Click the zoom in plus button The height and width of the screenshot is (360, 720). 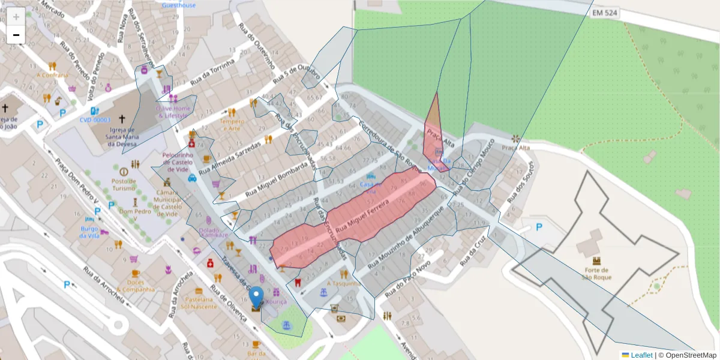pyautogui.click(x=16, y=17)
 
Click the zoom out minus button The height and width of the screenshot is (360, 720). pyautogui.click(x=16, y=35)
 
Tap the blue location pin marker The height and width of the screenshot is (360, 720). pyautogui.click(x=257, y=298)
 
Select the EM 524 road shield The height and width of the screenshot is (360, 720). pyautogui.click(x=605, y=13)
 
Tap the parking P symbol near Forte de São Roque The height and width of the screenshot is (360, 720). pyautogui.click(x=539, y=227)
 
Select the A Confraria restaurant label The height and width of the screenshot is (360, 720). pyautogui.click(x=52, y=76)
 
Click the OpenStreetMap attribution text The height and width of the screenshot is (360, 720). pyautogui.click(x=690, y=355)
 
